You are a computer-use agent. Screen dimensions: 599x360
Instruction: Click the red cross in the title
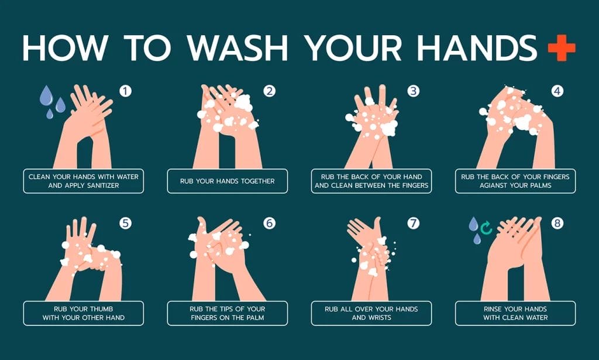562,47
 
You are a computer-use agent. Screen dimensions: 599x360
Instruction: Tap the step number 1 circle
125,91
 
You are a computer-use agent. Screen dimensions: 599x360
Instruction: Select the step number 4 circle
557,91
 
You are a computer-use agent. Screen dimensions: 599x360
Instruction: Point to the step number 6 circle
269,223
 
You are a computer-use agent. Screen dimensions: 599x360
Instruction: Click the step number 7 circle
414,223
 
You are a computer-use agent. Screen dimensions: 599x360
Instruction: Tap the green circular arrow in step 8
486,228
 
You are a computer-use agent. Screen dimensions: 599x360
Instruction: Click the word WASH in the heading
237,48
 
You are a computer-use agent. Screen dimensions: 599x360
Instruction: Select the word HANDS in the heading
477,48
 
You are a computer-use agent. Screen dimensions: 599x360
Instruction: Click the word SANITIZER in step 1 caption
98,186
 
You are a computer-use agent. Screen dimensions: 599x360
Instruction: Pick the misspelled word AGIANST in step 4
494,186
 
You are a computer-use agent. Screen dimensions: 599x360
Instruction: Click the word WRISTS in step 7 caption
379,318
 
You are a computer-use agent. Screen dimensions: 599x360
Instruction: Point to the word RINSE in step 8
493,309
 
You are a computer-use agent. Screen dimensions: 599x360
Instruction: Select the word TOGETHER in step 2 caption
257,181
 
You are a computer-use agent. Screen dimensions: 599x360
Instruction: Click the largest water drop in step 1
46,95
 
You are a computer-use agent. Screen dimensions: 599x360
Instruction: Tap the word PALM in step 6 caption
254,318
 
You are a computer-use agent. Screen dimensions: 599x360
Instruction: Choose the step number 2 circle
269,91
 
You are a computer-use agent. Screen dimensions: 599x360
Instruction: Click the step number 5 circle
125,223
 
